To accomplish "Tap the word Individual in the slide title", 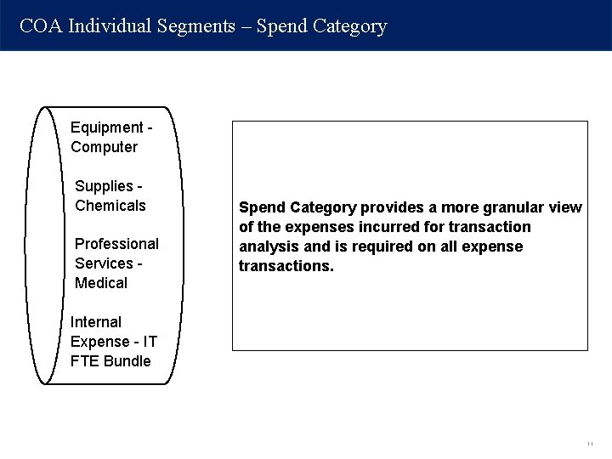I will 110,26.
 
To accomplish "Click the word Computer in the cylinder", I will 104,147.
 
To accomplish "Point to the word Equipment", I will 106,127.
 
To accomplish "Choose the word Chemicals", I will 110,206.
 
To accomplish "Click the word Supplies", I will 105,186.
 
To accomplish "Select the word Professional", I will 116,244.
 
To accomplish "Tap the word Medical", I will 101,283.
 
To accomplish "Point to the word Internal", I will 96,322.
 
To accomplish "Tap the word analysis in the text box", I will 267,246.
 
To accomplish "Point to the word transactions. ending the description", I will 286,266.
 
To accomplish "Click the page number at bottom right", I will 588,444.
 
